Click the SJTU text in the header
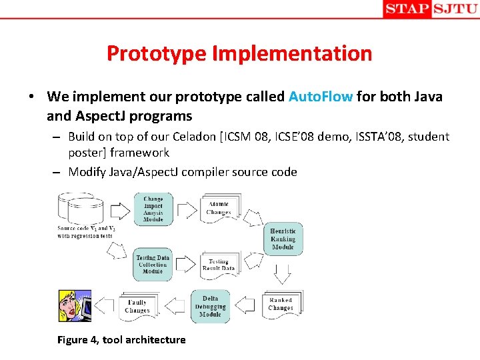pyautogui.click(x=455, y=9)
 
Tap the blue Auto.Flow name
pyautogui.click(x=321, y=96)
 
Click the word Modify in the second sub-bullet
pyautogui.click(x=91, y=171)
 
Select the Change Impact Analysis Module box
pyautogui.click(x=153, y=209)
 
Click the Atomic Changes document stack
pyautogui.click(x=218, y=209)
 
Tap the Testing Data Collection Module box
pyautogui.click(x=153, y=264)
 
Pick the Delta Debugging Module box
pyautogui.click(x=210, y=306)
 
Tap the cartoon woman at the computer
pyautogui.click(x=74, y=305)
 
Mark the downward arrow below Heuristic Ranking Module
pyautogui.click(x=283, y=273)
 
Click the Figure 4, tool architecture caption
pyautogui.click(x=121, y=340)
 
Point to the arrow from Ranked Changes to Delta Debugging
pyautogui.click(x=246, y=306)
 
